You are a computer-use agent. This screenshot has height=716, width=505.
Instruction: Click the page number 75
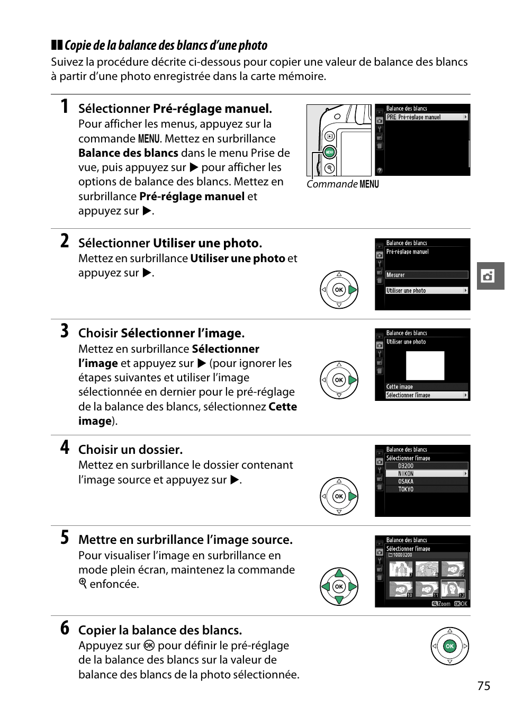click(x=483, y=686)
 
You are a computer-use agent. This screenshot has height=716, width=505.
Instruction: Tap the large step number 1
click(x=65, y=106)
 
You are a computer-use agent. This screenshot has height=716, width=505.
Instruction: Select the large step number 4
click(x=65, y=448)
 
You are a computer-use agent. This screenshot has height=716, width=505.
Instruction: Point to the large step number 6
click(x=65, y=628)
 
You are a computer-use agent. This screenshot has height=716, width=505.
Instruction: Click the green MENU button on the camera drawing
click(x=329, y=152)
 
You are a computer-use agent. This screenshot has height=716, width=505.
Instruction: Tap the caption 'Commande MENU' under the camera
click(x=342, y=184)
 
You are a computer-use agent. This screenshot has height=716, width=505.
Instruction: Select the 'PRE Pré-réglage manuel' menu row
click(x=426, y=117)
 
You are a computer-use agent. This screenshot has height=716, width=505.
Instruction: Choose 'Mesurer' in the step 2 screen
click(x=426, y=275)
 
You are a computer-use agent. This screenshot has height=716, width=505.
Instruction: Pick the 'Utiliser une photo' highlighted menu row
click(x=426, y=290)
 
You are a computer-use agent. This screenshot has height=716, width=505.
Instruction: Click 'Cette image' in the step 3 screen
click(x=426, y=387)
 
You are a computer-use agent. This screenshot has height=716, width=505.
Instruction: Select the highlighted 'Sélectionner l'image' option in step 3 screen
click(x=426, y=395)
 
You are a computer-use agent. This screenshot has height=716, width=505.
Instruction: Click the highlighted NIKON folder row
click(x=426, y=473)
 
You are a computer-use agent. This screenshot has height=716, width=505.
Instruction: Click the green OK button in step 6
click(x=449, y=646)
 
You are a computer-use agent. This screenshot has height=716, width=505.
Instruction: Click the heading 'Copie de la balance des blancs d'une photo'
click(x=165, y=46)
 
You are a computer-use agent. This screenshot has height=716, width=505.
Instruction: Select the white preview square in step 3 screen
click(x=425, y=366)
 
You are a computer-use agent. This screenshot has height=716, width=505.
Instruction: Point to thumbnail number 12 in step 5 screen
click(x=453, y=589)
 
